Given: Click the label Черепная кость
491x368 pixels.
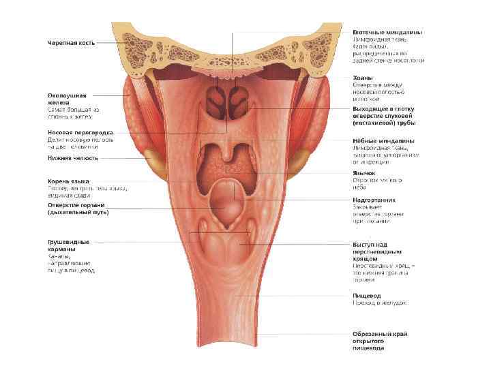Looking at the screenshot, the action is point(71,43).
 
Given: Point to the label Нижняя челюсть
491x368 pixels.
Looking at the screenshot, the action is point(72,158).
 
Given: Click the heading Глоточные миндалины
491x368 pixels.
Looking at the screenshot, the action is point(387,32).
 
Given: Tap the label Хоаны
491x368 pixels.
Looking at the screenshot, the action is point(362,77).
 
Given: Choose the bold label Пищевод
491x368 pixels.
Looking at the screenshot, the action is point(366,296).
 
